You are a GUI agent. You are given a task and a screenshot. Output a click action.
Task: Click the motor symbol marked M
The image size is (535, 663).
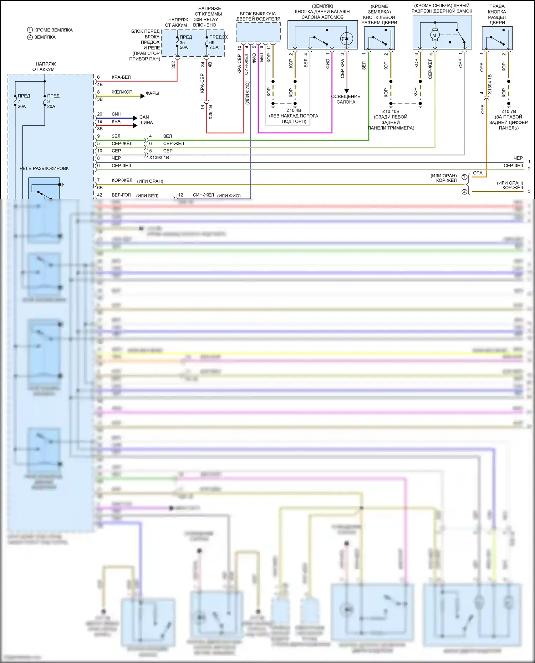pos(434,35)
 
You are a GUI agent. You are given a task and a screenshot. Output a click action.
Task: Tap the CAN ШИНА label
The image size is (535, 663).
pos(146,120)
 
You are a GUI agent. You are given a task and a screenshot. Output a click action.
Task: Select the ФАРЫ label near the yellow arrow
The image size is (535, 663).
pos(152,93)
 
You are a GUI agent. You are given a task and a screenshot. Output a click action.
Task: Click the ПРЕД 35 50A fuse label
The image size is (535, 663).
pos(184,42)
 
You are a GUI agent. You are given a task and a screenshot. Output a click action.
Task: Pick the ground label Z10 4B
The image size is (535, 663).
pos(294,110)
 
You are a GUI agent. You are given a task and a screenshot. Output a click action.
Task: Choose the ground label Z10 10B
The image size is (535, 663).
pos(391,112)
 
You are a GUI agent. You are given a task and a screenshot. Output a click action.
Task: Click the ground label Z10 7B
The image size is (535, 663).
pos(508,112)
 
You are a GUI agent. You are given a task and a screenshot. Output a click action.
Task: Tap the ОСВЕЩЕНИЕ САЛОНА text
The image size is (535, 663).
pos(346,99)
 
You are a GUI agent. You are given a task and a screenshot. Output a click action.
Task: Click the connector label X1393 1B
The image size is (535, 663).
pos(159,157)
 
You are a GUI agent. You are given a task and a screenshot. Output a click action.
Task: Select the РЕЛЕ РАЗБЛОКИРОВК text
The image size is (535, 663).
pos(44,168)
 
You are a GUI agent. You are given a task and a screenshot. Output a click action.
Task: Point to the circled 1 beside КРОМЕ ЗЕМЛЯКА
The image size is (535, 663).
pos(30,30)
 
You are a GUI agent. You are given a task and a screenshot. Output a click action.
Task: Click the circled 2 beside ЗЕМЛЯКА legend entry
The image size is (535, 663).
pos(30,37)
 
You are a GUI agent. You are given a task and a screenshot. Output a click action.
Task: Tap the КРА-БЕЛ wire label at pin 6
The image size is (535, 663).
pos(121,77)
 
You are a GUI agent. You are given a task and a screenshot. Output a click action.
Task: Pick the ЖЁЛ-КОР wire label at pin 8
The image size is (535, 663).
pos(122,92)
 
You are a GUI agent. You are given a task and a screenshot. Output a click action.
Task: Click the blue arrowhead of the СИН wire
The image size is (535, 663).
pos(135,118)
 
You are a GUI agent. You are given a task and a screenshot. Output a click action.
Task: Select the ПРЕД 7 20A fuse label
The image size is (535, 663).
pos(22,101)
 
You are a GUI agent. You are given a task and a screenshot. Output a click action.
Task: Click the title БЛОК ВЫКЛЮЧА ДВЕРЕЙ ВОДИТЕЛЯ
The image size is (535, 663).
pos(258,16)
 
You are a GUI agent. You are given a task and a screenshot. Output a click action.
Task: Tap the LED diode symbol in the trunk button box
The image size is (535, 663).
pos(346,38)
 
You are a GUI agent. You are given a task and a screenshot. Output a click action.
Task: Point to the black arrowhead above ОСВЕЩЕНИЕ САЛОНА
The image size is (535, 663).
pos(346,91)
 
